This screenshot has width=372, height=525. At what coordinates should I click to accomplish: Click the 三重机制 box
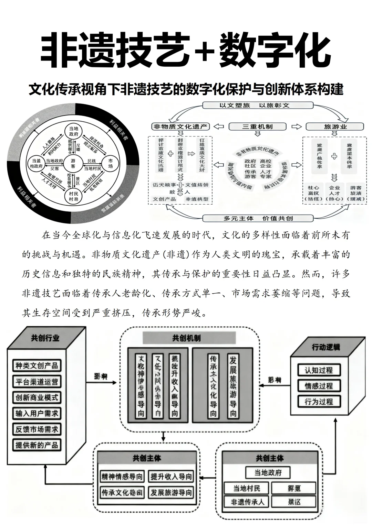257,127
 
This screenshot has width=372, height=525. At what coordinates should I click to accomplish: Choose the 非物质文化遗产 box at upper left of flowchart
180,127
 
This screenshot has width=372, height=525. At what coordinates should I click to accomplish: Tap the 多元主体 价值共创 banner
258,218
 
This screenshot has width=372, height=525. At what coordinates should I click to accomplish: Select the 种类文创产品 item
37,365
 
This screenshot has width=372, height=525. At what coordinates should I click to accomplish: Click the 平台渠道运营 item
37,381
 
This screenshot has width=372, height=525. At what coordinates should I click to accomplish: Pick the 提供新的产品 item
37,445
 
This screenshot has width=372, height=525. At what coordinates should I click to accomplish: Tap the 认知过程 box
319,370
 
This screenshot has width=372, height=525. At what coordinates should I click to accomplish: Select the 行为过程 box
319,401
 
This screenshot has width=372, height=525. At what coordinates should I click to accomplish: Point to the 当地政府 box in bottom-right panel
268,472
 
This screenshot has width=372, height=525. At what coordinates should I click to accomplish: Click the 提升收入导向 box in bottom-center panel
171,477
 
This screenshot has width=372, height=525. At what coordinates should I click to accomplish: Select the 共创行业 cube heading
45,338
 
